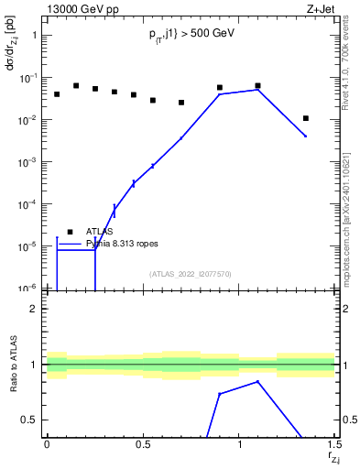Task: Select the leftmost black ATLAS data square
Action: click(x=57, y=94)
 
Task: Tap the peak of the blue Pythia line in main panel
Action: click(x=258, y=89)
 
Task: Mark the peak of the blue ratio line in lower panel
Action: click(x=258, y=381)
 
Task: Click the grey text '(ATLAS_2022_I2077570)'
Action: click(x=191, y=274)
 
